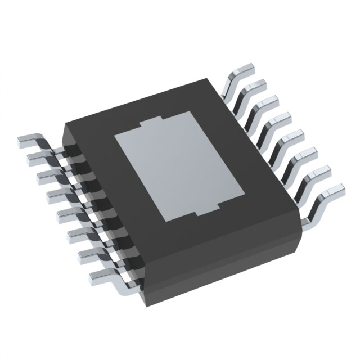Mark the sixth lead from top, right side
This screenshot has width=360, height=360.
(x=307, y=153)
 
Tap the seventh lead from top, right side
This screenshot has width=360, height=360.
(x=321, y=172)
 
